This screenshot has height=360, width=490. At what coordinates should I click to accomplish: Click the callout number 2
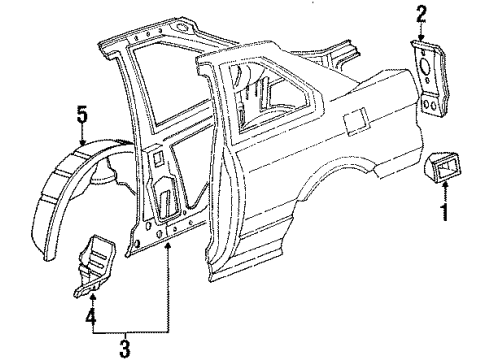[x=421, y=13]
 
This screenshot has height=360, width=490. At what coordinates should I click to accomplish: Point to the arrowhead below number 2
[x=421, y=34]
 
